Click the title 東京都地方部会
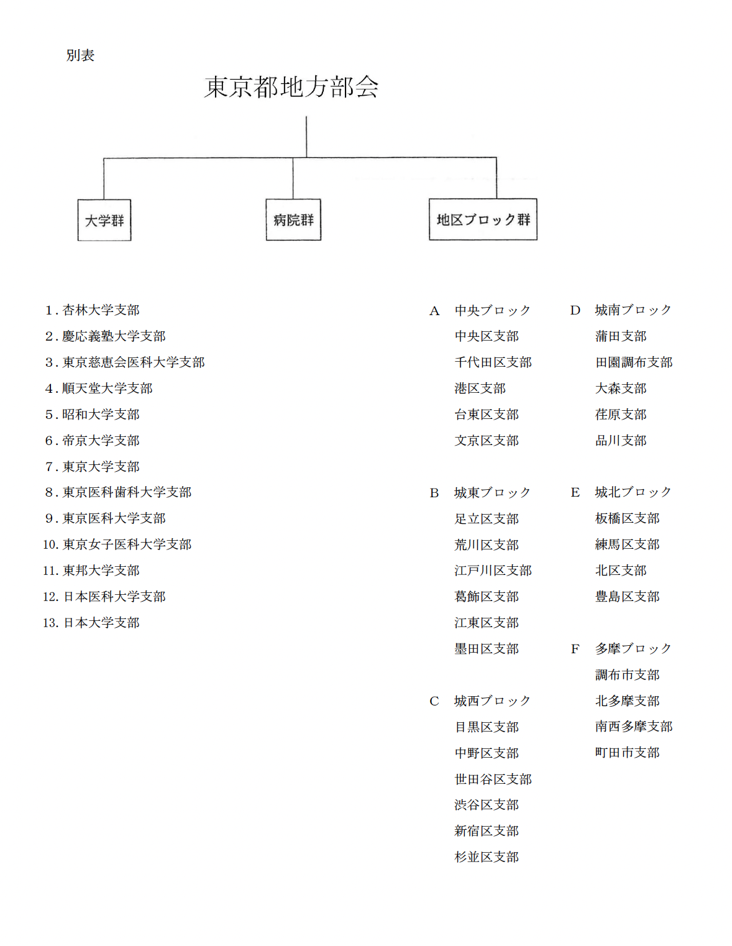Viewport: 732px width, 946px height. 291,86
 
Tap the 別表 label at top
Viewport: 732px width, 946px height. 80,55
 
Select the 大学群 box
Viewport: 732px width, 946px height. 104,220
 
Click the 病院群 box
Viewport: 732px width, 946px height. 293,219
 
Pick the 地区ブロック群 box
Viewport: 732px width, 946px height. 483,219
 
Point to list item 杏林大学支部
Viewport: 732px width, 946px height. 101,310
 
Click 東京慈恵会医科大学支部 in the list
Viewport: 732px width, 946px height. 133,362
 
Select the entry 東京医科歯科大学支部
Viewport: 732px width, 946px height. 127,492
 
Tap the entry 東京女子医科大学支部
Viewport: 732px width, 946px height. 127,544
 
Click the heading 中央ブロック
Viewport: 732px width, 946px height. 492,310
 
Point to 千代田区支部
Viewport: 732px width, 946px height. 493,362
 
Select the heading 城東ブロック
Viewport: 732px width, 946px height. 492,492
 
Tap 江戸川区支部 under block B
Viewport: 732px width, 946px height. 493,571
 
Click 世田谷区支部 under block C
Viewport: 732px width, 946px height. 493,779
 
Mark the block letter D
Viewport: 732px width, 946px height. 575,310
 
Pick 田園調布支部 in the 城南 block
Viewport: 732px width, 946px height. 634,362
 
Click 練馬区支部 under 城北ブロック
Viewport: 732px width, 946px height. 627,544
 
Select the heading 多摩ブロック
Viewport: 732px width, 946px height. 633,648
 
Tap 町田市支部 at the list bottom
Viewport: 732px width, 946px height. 627,752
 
